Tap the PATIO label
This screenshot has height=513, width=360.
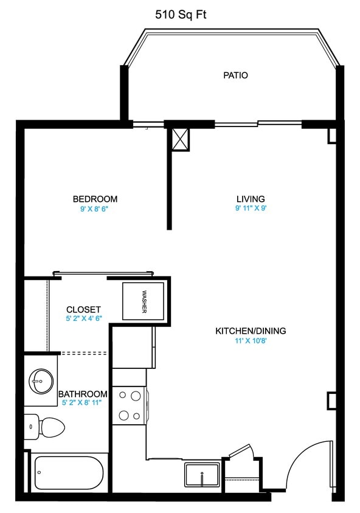click(x=235, y=76)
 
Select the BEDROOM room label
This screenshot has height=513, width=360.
click(x=95, y=199)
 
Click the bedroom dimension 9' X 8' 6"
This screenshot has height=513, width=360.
click(x=95, y=208)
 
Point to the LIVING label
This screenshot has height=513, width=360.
click(x=251, y=199)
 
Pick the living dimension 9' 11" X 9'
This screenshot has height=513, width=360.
click(x=251, y=208)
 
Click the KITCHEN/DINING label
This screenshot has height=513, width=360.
click(x=251, y=331)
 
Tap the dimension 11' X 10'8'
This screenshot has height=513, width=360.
click(x=251, y=341)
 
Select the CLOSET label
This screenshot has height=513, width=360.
click(x=83, y=309)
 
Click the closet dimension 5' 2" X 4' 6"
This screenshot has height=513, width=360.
click(x=83, y=318)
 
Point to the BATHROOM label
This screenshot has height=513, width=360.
click(x=83, y=394)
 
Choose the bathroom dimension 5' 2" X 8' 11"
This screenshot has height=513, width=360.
click(x=83, y=403)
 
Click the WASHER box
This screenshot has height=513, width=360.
click(x=144, y=301)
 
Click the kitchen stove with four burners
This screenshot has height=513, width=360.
click(x=129, y=405)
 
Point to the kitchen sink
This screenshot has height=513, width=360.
click(x=202, y=475)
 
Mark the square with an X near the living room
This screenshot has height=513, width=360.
click(x=180, y=139)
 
